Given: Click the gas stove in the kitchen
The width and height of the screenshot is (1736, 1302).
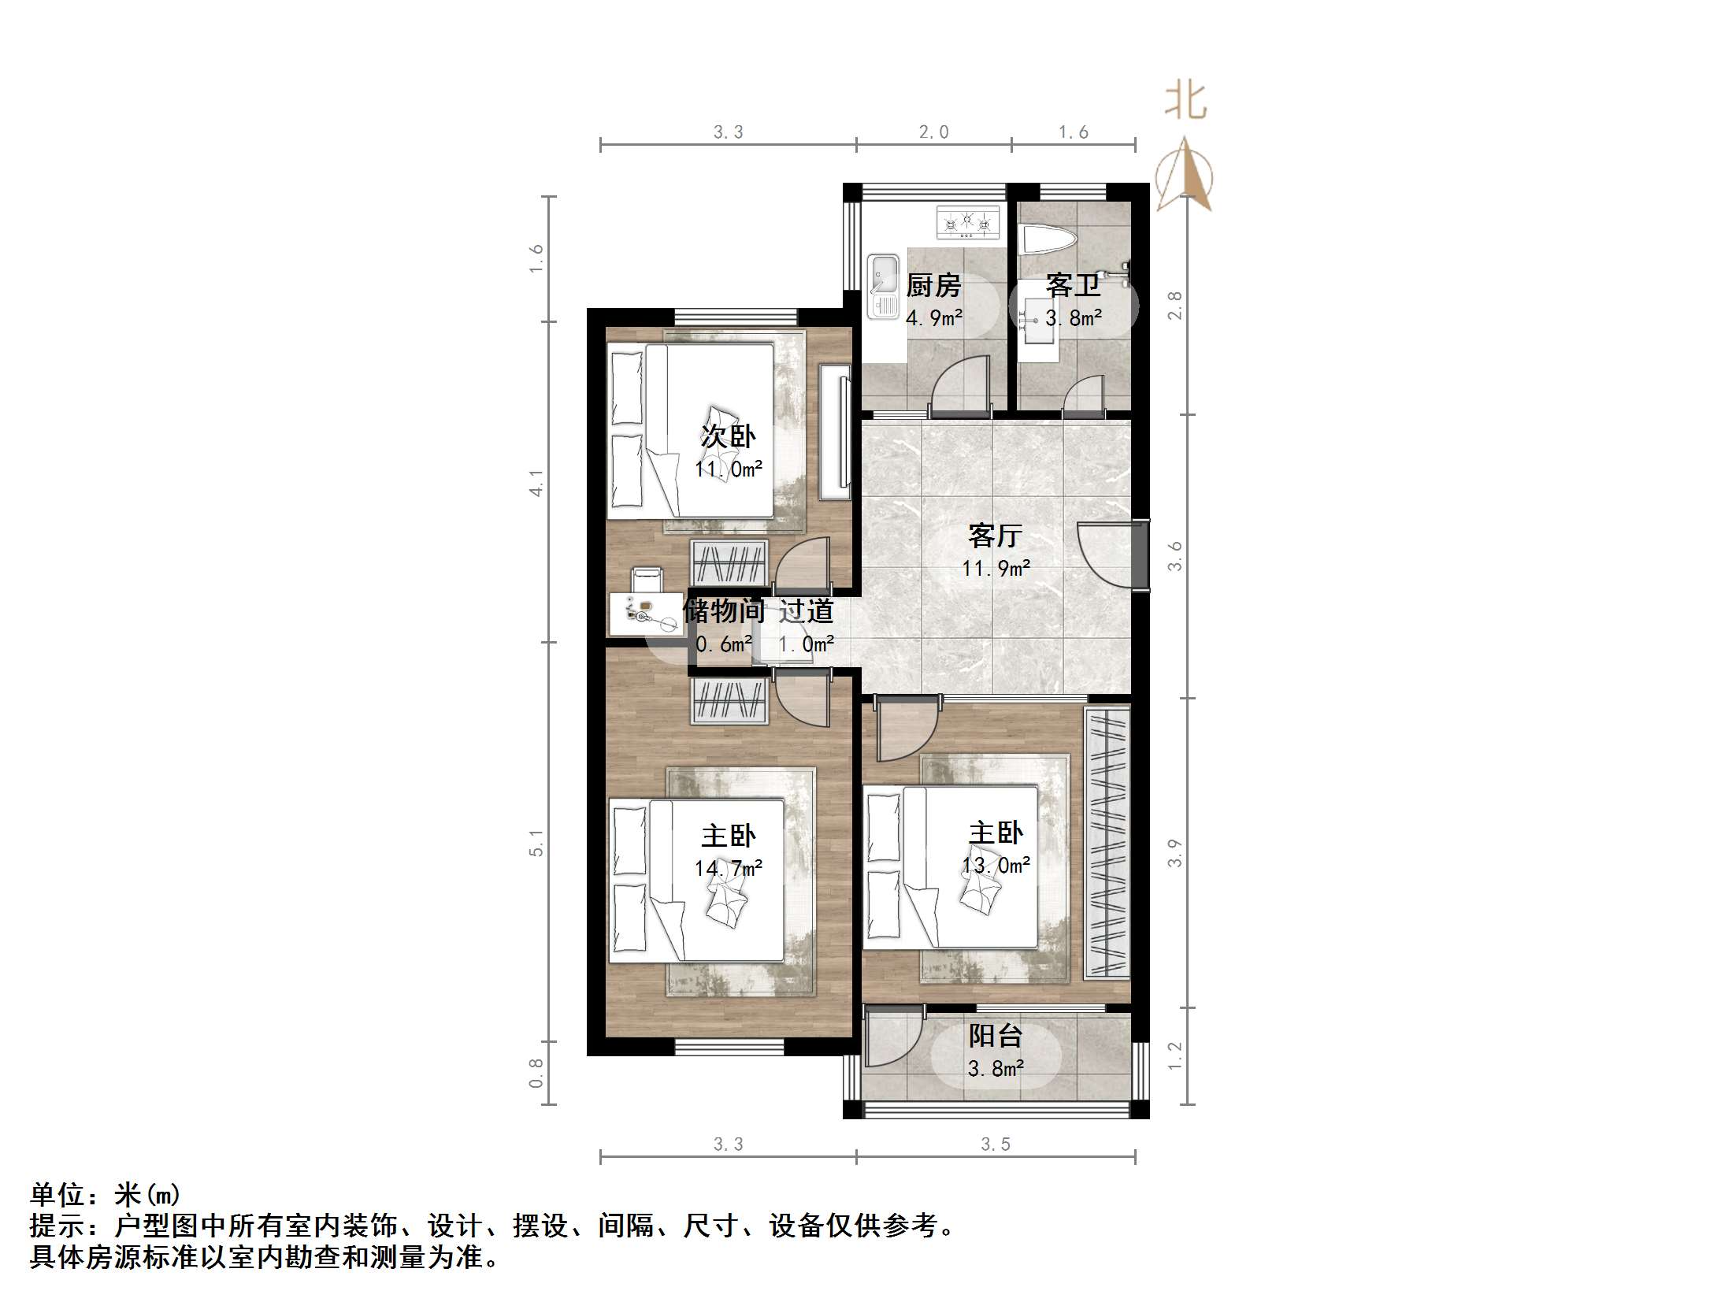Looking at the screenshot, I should click(967, 222).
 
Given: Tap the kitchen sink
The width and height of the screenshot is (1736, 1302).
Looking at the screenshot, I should click(883, 286).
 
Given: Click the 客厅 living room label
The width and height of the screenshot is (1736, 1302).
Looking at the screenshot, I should click(996, 536).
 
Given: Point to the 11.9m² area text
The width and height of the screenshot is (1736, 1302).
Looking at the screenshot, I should click(996, 568).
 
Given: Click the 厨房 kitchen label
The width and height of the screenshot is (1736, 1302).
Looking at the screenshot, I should click(933, 285).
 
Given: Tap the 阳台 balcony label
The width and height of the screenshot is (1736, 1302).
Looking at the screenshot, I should click(996, 1036).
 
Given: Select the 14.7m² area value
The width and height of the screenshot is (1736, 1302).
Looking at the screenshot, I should click(728, 868).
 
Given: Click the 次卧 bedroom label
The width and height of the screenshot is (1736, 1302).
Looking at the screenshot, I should click(728, 436).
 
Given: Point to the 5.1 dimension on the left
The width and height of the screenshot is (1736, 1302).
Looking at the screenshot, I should click(536, 842).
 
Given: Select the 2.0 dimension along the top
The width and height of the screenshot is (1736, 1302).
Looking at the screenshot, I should click(933, 132).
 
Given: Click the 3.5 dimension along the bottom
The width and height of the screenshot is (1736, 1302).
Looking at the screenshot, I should click(996, 1144).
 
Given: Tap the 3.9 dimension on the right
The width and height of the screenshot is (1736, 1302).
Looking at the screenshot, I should click(1175, 853).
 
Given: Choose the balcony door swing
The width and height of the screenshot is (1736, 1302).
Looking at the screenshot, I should click(892, 1041).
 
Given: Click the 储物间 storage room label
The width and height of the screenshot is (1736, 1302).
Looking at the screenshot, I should click(723, 610).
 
